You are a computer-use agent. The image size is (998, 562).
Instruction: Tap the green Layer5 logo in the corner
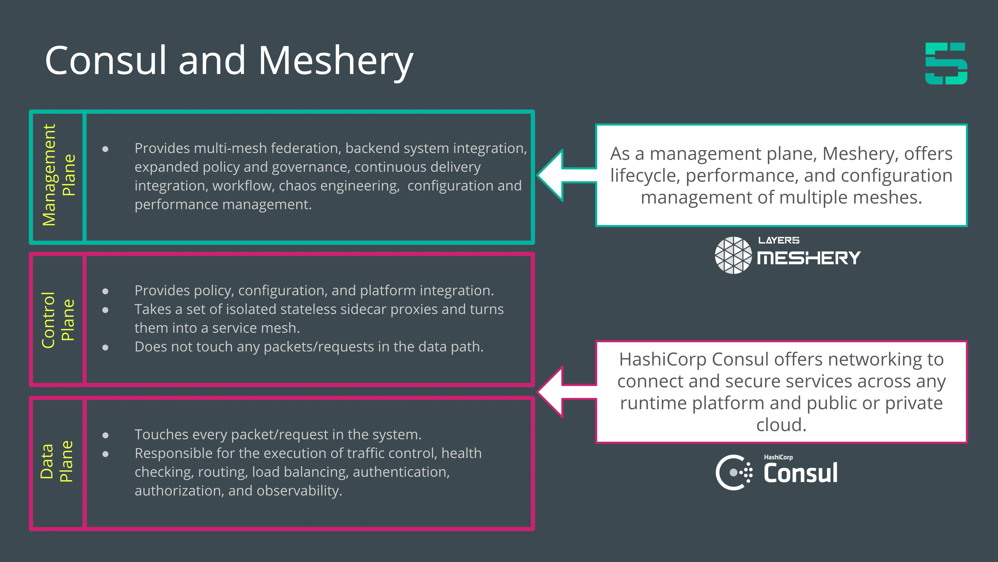(946, 64)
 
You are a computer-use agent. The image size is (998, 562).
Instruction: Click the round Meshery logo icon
(733, 255)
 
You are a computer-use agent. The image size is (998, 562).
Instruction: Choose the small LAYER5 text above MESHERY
(779, 240)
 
